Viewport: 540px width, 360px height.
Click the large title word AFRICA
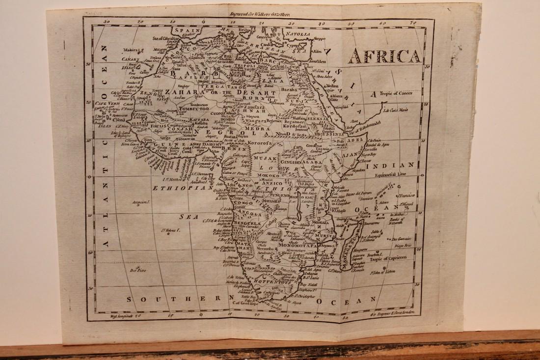384,57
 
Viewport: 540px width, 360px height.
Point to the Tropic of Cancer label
395,93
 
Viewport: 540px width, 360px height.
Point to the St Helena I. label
172,229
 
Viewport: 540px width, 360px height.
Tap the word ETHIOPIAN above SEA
175,188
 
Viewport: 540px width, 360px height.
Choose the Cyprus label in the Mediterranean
293,44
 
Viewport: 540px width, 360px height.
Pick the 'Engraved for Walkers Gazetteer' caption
263,15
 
